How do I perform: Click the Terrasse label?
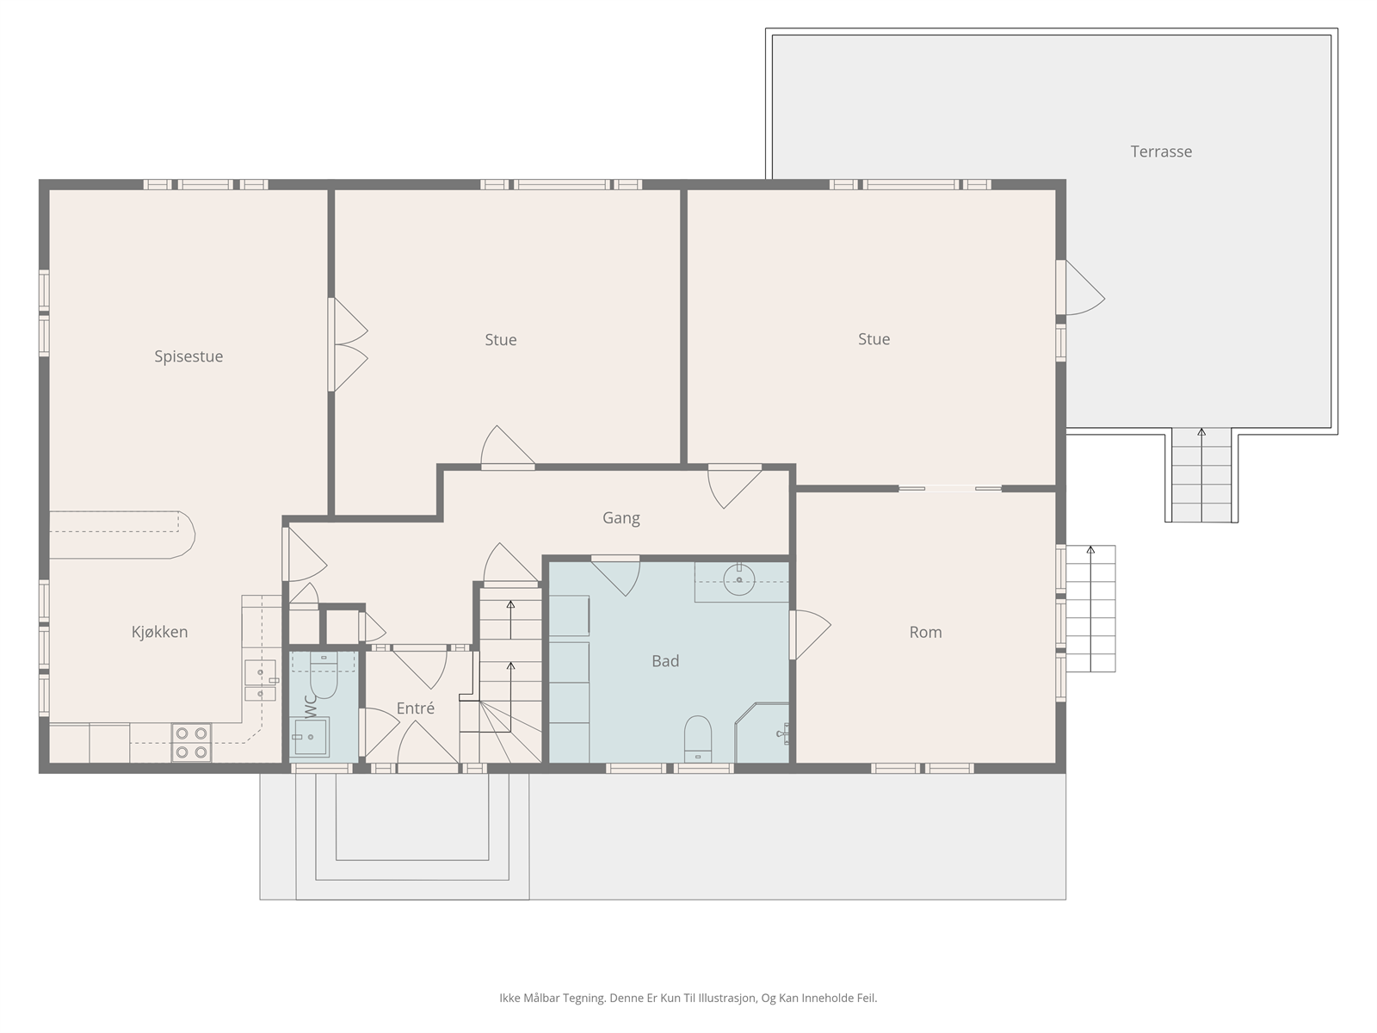[x=1161, y=152]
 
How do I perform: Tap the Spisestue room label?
[x=188, y=356]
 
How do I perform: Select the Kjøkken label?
[x=159, y=632]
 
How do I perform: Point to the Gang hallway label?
[x=621, y=518]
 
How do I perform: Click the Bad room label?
[x=665, y=661]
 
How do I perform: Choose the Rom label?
[x=925, y=632]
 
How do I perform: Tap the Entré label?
[x=416, y=708]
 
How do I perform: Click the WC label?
[x=312, y=706]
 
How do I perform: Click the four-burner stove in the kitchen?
[x=191, y=743]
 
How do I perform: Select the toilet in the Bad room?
[x=698, y=739]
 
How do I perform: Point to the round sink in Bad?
[x=739, y=579]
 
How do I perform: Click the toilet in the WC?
[x=324, y=676]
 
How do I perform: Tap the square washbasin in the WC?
[x=310, y=737]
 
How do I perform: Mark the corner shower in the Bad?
[x=762, y=733]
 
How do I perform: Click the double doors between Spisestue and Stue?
[x=348, y=344]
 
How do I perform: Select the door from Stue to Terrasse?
[x=1079, y=288]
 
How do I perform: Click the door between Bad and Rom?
[x=810, y=634]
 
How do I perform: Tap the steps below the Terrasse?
[x=1201, y=475]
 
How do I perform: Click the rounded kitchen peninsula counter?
[x=122, y=535]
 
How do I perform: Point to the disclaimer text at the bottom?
[x=688, y=998]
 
